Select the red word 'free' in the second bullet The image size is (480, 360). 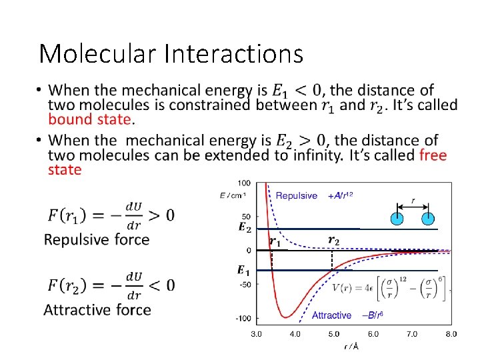[x=433, y=155]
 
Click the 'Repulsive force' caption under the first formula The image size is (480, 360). [x=97, y=239]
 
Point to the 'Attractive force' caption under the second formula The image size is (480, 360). [x=97, y=309]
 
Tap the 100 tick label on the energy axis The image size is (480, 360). [x=244, y=183]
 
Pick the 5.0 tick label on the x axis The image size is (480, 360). [x=334, y=333]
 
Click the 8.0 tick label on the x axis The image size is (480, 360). [x=451, y=333]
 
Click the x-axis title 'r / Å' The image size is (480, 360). [x=351, y=347]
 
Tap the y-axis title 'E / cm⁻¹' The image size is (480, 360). [x=233, y=195]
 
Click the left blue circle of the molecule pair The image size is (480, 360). [x=397, y=218]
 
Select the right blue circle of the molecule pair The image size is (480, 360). [x=427, y=218]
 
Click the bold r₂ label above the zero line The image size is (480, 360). [x=334, y=240]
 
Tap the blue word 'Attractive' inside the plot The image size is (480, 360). [x=331, y=315]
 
